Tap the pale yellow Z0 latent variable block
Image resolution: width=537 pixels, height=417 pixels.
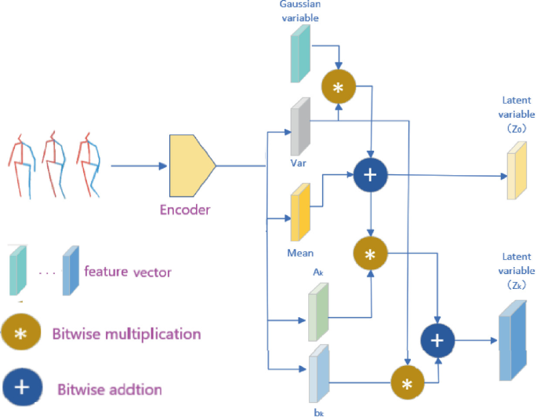pyautogui.click(x=515, y=173)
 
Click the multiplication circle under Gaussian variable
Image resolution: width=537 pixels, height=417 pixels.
pyautogui.click(x=338, y=87)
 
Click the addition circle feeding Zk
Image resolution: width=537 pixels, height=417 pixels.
pyautogui.click(x=438, y=339)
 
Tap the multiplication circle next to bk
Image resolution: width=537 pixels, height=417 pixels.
pyautogui.click(x=407, y=384)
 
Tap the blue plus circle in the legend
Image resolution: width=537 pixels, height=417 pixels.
pyautogui.click(x=23, y=388)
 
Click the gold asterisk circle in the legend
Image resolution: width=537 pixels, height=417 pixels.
pyautogui.click(x=23, y=334)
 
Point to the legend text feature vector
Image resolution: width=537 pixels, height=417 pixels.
pyautogui.click(x=128, y=272)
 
